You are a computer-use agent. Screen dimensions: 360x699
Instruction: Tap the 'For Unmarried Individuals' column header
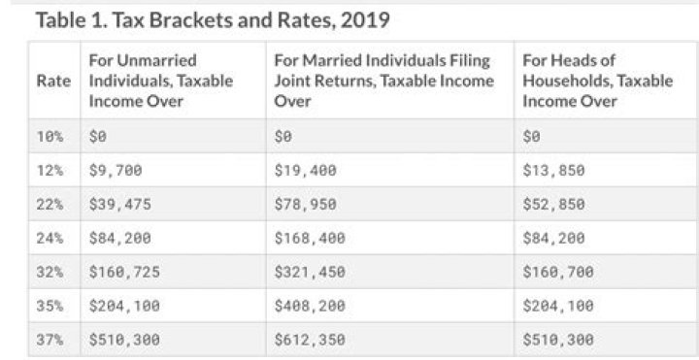[x=160, y=81]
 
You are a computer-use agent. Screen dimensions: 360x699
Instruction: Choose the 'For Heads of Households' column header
[x=597, y=81]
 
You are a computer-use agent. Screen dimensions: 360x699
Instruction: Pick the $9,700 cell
[x=116, y=171]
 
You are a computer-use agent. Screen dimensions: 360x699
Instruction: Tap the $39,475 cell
[x=119, y=204]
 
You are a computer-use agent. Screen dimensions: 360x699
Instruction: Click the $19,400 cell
[x=306, y=171]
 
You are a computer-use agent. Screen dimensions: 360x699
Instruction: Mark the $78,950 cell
[x=306, y=204]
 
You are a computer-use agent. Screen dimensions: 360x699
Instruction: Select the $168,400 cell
[x=310, y=238]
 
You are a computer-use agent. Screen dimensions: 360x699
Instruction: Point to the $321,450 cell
[x=310, y=272]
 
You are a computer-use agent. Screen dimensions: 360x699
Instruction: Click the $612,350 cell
[x=310, y=340]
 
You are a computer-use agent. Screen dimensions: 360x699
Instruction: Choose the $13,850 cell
[x=553, y=171]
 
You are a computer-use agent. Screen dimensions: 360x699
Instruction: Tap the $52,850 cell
[x=553, y=204]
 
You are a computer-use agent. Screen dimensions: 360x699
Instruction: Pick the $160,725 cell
[x=123, y=272]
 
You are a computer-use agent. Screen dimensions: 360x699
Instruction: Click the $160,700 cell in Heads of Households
[x=557, y=272]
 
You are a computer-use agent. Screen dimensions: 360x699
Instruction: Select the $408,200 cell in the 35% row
[x=310, y=306]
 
